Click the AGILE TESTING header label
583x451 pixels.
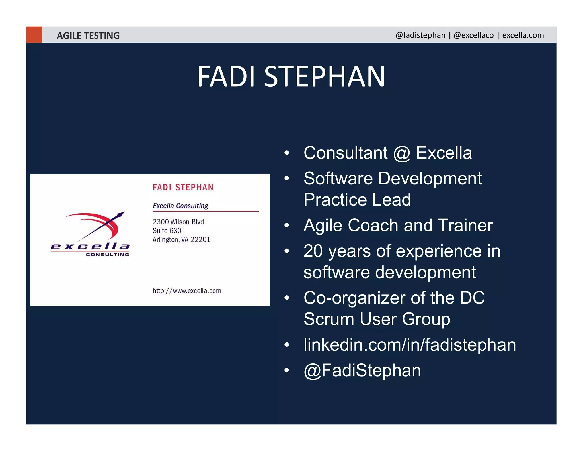(88, 36)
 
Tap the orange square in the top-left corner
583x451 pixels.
(34, 35)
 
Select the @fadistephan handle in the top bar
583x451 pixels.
(420, 35)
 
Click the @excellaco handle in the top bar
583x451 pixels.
(473, 35)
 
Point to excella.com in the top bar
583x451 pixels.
(523, 35)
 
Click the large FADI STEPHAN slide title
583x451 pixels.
(291, 76)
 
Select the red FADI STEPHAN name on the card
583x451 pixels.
(183, 187)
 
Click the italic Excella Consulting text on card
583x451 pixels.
(180, 206)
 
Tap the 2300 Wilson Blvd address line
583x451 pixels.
(178, 222)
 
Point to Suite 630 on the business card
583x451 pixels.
(167, 231)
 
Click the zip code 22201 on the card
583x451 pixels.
(200, 239)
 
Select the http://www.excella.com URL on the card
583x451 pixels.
(187, 291)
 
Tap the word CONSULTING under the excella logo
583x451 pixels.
(107, 255)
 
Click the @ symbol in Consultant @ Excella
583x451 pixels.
(402, 153)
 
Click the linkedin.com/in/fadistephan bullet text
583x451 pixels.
(409, 345)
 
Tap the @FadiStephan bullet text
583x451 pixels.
(362, 370)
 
